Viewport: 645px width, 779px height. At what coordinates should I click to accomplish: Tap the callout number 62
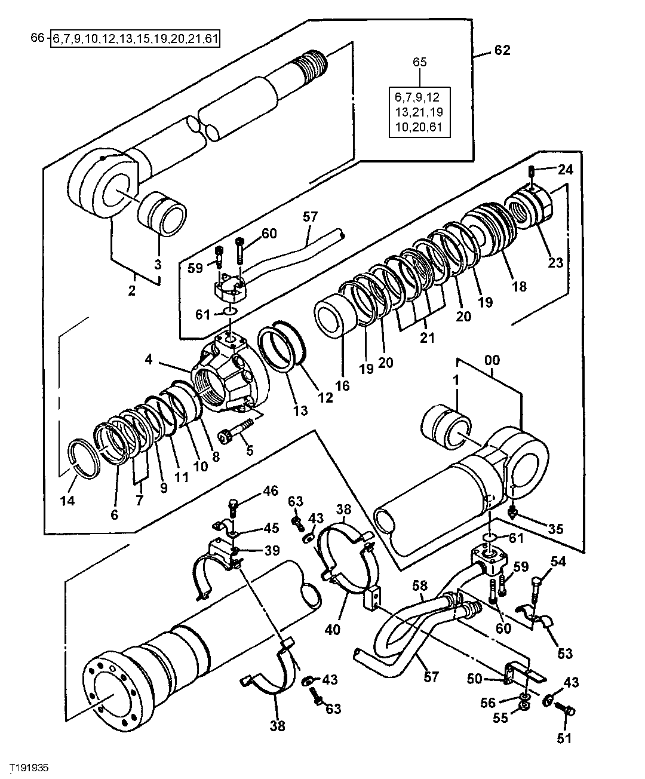502,51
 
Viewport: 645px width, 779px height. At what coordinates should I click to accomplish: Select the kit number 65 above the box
420,62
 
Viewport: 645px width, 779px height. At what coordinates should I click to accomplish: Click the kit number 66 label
36,39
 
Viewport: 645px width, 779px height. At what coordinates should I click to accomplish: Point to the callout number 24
565,170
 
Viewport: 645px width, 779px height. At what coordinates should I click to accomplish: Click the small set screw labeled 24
532,172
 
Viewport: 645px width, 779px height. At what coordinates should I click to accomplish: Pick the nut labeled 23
532,209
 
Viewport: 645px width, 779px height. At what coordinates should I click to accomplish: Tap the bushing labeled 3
163,213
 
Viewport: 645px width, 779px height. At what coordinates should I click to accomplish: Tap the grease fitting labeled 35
513,513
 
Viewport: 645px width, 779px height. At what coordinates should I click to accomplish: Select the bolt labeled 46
234,508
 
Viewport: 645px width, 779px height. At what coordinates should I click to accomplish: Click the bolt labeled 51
567,711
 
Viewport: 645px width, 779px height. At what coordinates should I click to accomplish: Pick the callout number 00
493,360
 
